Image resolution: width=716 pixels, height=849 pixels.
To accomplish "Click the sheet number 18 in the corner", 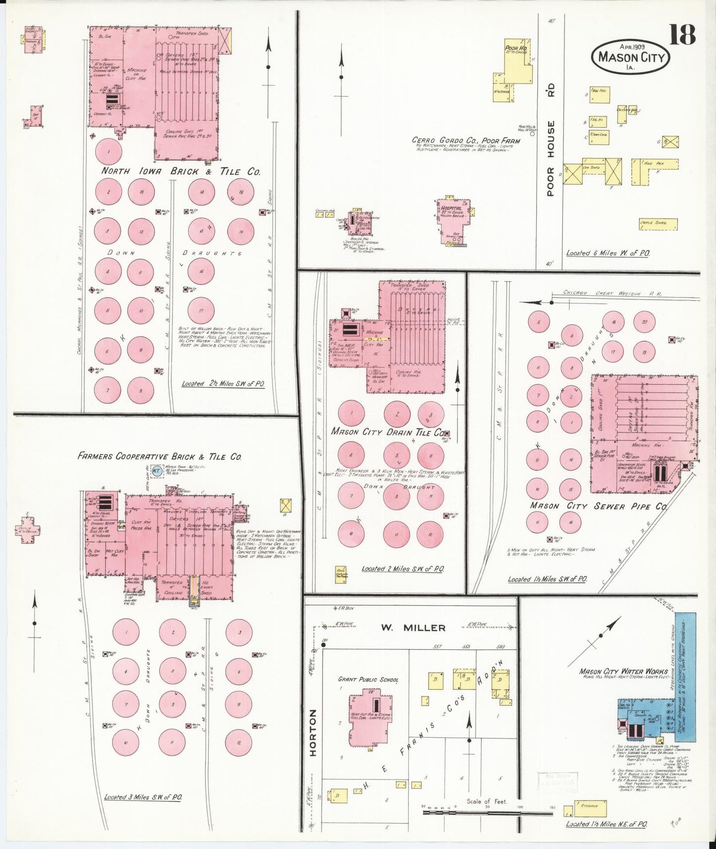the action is tap(682, 35).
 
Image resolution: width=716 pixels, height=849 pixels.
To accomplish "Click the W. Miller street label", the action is tap(413, 628).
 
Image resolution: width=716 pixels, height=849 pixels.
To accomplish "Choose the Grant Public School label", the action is tap(368, 680).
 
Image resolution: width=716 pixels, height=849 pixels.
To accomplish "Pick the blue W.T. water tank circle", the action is tap(157, 471).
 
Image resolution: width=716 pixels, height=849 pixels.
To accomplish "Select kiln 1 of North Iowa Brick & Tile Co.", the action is tap(108, 151).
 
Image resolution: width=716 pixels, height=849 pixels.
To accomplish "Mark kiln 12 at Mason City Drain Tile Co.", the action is tap(430, 535).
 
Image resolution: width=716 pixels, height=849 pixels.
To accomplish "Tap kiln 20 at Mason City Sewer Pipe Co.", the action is tap(644, 322).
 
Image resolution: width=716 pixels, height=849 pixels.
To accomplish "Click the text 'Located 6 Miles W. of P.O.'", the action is tap(607, 253).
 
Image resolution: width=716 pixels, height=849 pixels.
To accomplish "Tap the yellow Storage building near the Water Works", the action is tap(590, 806).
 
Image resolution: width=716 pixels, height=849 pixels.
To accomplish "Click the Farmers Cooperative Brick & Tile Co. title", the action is tap(160, 457).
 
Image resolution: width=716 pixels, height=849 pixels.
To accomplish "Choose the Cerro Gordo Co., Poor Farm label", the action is tap(466, 141).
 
